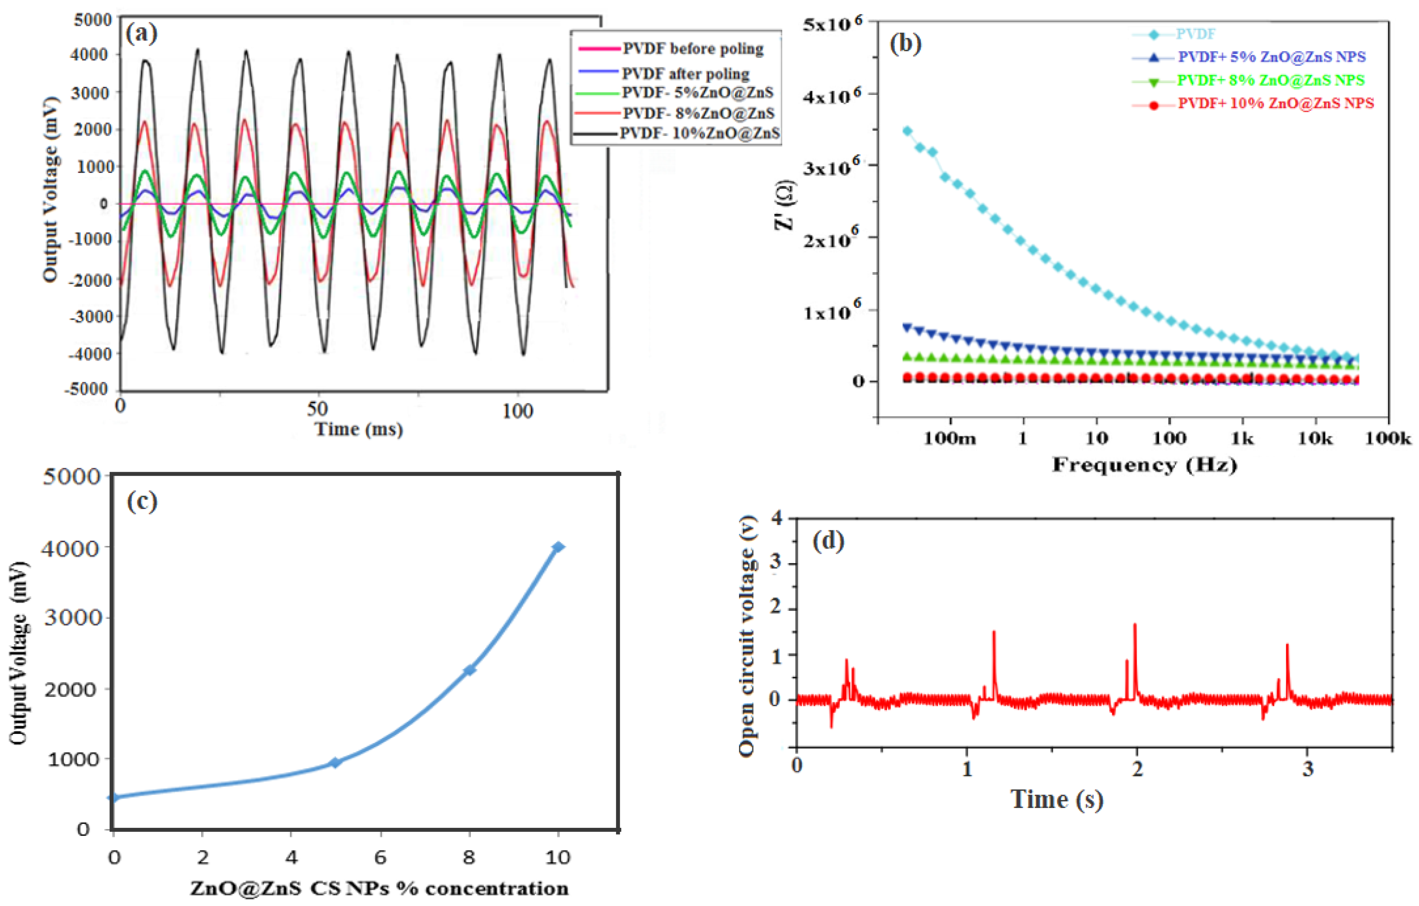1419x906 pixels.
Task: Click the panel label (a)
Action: click(142, 34)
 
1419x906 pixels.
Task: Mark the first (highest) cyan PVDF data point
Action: click(908, 131)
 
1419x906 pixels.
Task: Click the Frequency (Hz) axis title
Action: click(1144, 465)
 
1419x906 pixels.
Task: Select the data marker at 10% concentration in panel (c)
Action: click(557, 547)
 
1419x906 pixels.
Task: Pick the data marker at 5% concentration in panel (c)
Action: click(335, 762)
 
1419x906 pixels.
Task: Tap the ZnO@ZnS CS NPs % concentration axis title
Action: click(379, 888)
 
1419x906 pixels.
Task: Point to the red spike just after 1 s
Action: click(994, 632)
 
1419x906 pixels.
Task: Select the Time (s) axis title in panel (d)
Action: click(1057, 799)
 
